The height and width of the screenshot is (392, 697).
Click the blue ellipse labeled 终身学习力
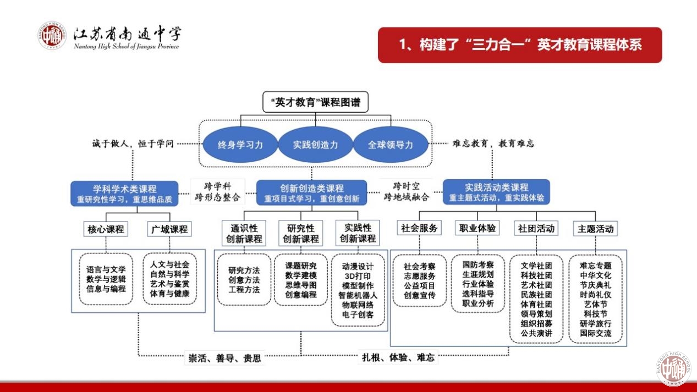pos(240,145)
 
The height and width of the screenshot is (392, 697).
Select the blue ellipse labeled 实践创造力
pos(315,145)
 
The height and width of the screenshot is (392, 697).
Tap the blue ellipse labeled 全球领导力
pos(390,145)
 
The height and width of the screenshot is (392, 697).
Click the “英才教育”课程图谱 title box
pos(315,102)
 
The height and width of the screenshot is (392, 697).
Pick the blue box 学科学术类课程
pos(125,194)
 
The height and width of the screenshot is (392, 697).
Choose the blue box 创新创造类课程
pos(311,194)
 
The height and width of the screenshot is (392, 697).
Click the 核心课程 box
pos(106,229)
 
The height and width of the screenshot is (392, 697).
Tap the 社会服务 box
pos(420,228)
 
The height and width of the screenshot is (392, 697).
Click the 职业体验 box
pos(478,228)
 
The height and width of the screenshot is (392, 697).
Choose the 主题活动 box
pos(595,228)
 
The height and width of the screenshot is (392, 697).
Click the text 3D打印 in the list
pos(357,275)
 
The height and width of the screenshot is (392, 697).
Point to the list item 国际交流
pos(595,334)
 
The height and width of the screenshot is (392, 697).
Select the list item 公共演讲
pos(536,334)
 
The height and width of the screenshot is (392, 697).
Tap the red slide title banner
pos(520,45)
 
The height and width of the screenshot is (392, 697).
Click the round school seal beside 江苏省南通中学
pos(52,36)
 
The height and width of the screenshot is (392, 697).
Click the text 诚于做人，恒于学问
pos(133,144)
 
